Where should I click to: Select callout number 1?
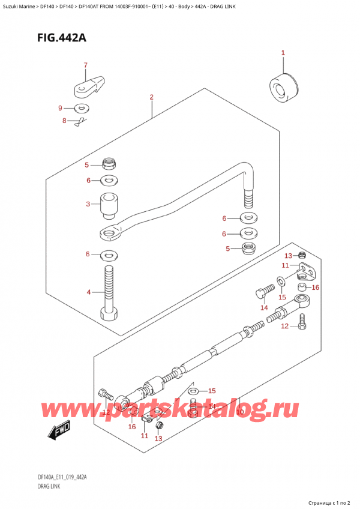tap(283, 53)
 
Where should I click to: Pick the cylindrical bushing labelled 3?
tap(109, 208)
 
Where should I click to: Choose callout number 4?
tap(88, 292)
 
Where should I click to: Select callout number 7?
tap(85, 65)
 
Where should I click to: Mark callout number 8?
tap(65, 121)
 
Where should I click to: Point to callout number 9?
tap(59, 108)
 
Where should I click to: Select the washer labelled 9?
tap(80, 109)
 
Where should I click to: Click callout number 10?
tap(239, 412)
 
